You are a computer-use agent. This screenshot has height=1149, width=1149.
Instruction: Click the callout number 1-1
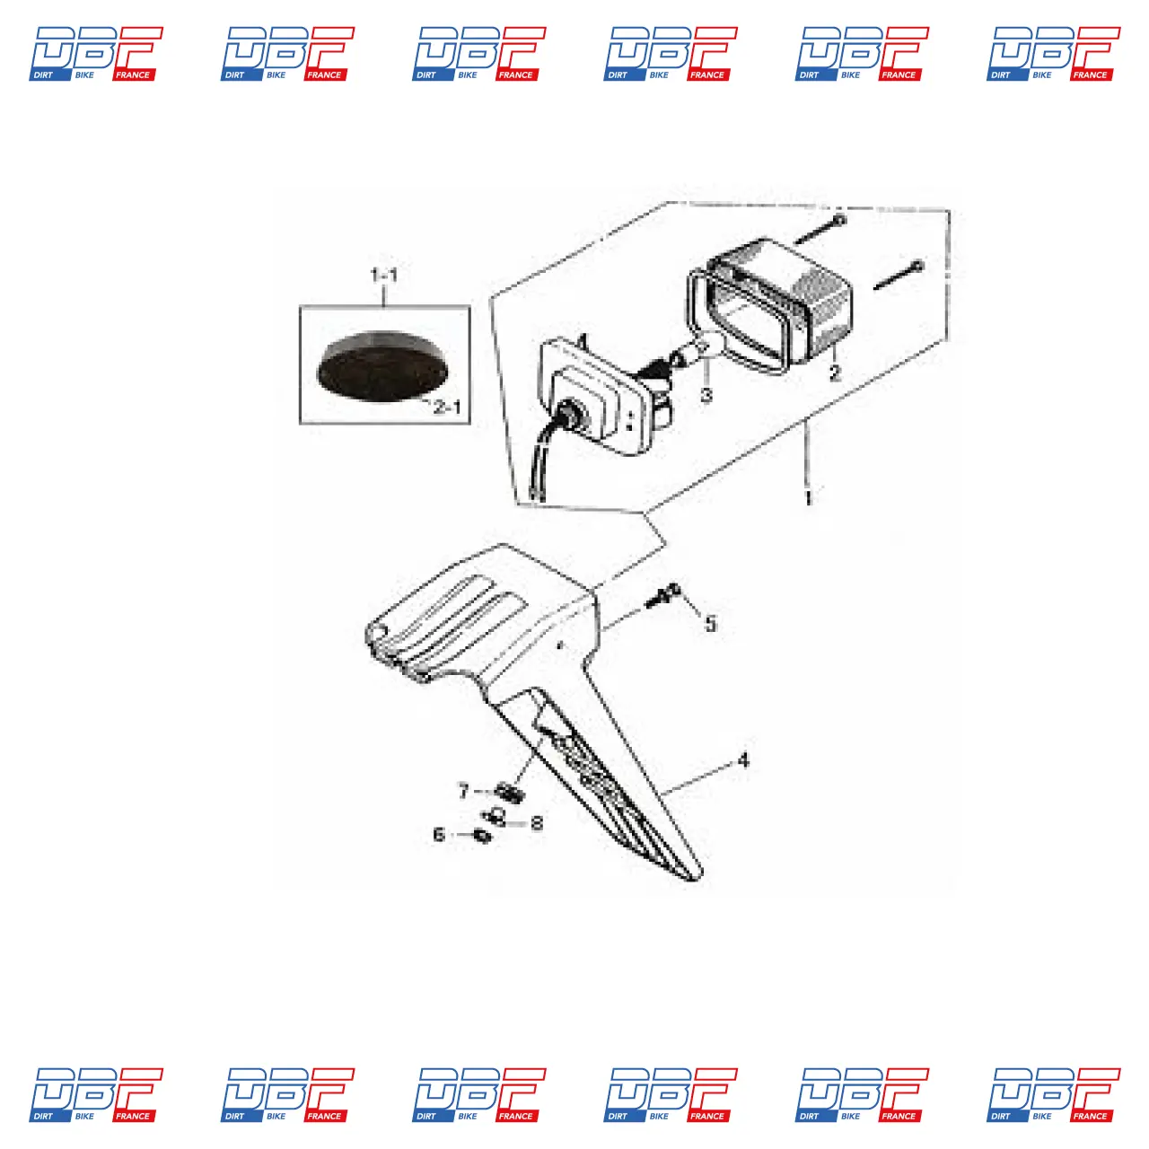[x=384, y=275]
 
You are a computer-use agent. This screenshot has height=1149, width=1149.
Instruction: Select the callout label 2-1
[x=447, y=408]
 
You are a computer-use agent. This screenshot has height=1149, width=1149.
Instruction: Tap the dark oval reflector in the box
[x=382, y=365]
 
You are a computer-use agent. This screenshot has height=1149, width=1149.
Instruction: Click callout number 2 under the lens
[x=835, y=373]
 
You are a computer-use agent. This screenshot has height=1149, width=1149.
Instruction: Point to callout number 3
[x=706, y=395]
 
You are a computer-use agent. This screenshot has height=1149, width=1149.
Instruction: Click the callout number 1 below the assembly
[x=808, y=498]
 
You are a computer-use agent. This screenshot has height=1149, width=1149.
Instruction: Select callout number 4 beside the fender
[x=743, y=760]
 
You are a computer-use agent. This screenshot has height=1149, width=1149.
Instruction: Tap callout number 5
[x=710, y=624]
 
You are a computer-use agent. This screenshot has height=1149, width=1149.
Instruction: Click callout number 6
[x=439, y=834]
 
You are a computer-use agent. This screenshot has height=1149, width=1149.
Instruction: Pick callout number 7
[x=464, y=791]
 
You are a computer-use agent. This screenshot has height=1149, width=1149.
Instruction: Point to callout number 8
[x=537, y=823]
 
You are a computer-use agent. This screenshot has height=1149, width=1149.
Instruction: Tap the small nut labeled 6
[x=482, y=836]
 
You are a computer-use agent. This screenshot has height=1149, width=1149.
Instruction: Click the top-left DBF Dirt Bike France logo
[x=96, y=54]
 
